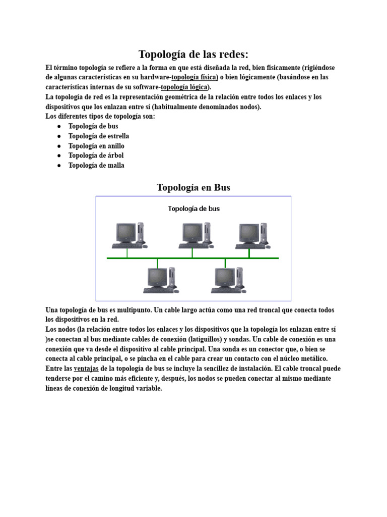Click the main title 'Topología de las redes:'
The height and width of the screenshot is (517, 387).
[193, 54]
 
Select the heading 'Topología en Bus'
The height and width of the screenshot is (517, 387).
[193, 187]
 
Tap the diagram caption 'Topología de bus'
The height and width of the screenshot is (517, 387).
[193, 209]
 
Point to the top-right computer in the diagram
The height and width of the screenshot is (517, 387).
[252, 235]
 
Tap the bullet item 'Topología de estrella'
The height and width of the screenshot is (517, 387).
[99, 136]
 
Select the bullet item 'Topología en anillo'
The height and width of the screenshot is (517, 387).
[96, 146]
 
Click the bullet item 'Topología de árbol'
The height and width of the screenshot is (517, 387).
[96, 156]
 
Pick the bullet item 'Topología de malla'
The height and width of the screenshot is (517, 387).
[96, 165]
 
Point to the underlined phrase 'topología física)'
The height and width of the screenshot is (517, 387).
[195, 77]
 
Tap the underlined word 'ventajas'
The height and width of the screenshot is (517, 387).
[87, 369]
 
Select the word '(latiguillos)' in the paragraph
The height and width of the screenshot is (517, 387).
[205, 339]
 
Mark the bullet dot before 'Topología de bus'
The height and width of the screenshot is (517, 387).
[59, 126]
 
